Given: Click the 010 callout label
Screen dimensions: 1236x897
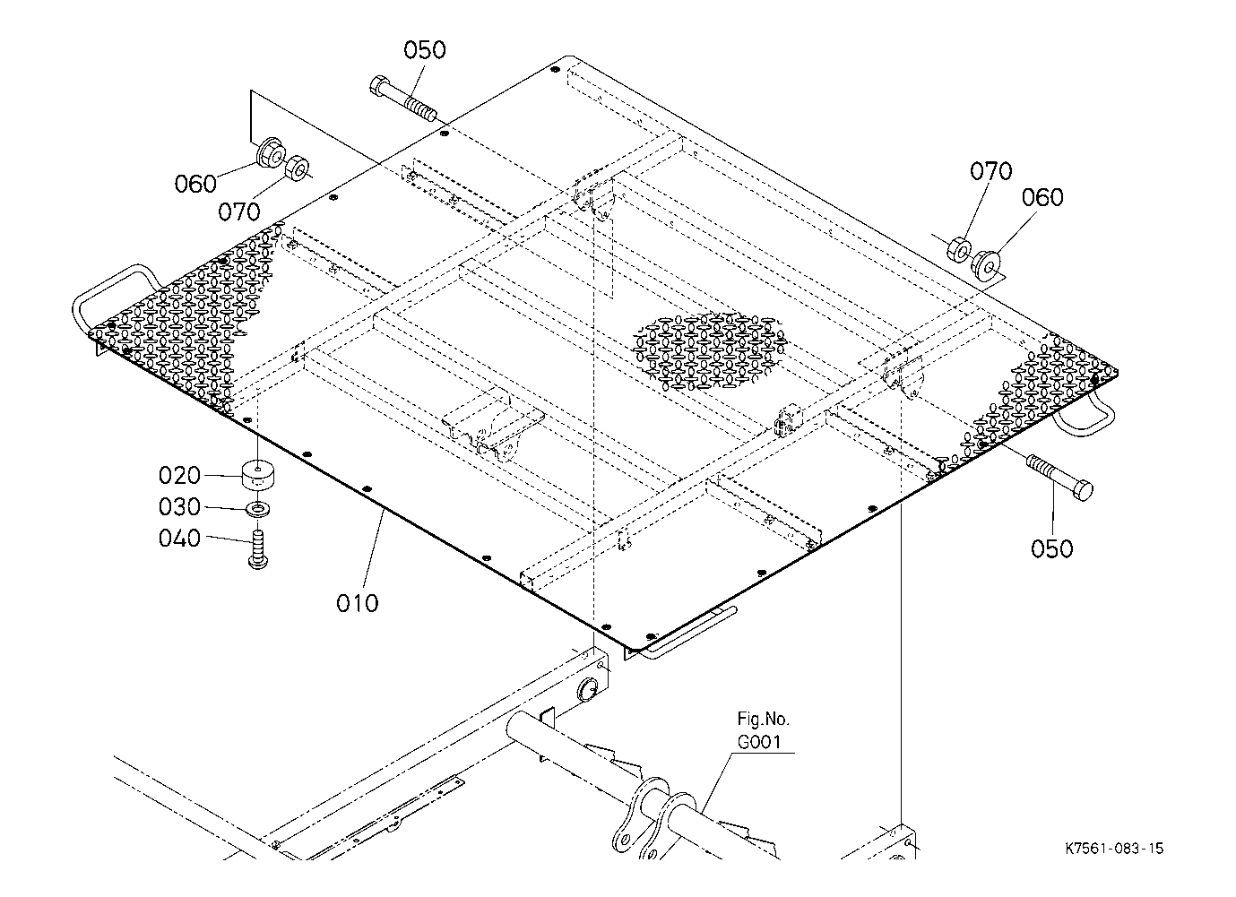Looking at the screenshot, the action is pos(358,603).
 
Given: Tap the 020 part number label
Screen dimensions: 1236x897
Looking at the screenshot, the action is pos(180,476).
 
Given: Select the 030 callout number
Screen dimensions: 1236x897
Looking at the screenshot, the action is pos(180,507).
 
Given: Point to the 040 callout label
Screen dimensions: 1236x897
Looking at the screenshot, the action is pos(180,539).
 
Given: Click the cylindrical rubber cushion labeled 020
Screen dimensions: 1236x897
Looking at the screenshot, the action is pos(258,474).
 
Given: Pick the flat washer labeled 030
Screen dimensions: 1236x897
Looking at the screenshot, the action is pos(258,509).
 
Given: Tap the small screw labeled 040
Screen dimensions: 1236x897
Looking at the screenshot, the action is pos(257,549).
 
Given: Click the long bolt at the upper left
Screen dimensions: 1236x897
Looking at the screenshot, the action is pos(403,99).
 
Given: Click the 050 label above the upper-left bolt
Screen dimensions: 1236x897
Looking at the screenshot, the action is pos(424,50).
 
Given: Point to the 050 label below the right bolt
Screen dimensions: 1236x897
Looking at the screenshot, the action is pos(1052,549).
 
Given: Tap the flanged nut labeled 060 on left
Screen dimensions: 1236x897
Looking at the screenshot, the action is pos(271,151).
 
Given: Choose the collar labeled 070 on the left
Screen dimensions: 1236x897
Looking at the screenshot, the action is pos(298,168).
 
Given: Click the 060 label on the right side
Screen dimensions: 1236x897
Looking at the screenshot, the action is pos(1042,197).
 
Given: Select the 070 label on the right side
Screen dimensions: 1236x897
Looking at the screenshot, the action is pos(991,171).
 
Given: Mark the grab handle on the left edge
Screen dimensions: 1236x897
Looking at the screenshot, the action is pos(113,301).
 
